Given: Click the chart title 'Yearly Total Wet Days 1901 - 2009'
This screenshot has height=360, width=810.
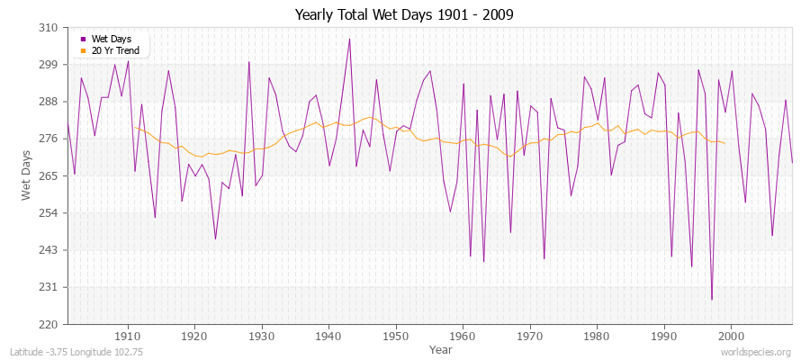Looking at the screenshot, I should click(x=404, y=15).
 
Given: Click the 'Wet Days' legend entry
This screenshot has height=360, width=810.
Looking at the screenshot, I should click(x=112, y=39).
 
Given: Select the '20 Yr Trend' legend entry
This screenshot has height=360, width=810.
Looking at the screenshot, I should click(x=116, y=50).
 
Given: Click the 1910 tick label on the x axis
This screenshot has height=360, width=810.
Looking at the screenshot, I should click(x=128, y=336).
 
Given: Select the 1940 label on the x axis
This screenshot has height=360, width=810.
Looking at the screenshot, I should click(x=328, y=336).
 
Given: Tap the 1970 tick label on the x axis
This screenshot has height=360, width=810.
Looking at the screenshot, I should click(x=530, y=336).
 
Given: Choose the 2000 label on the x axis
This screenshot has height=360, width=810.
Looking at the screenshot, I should click(x=731, y=336).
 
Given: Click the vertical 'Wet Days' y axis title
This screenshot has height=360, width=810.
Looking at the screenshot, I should click(x=26, y=175).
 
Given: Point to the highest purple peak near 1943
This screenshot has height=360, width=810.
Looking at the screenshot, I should click(x=349, y=39).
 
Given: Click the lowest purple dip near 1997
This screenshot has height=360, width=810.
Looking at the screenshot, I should click(x=711, y=300).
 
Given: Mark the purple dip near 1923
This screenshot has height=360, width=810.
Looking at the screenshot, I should click(x=215, y=238).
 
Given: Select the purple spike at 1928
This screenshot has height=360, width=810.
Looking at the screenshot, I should click(x=248, y=62).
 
